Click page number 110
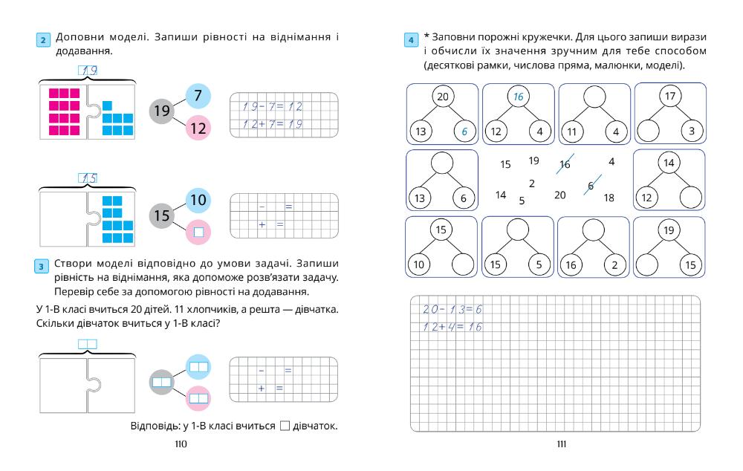pyautogui.click(x=180, y=444)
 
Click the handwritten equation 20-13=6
pyautogui.click(x=452, y=309)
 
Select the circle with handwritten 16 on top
pyautogui.click(x=517, y=97)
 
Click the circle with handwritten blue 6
pyautogui.click(x=462, y=131)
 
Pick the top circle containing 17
pyautogui.click(x=669, y=97)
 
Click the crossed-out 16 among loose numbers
pyautogui.click(x=565, y=165)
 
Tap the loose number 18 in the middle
pyautogui.click(x=609, y=198)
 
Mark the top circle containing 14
pyautogui.click(x=669, y=163)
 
